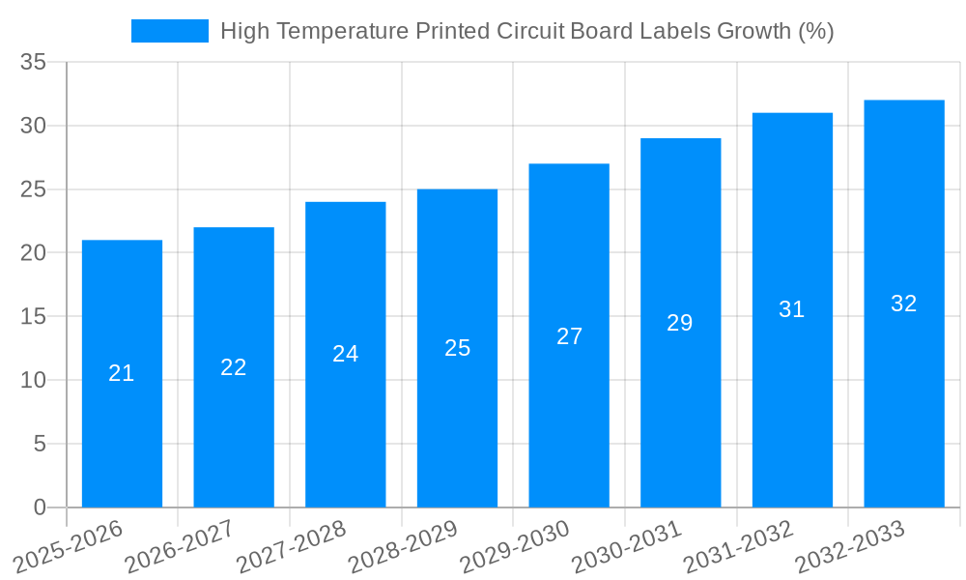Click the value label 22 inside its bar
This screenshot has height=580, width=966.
(x=234, y=367)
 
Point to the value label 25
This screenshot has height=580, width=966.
(x=457, y=348)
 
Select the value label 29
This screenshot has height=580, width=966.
(x=680, y=323)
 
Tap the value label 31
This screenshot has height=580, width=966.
(x=792, y=309)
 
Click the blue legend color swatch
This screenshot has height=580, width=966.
(x=170, y=31)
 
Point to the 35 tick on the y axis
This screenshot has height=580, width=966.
(x=34, y=62)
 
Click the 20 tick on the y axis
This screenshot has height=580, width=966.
(x=34, y=252)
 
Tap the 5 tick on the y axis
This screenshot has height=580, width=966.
(x=40, y=444)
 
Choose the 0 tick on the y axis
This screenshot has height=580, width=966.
(x=40, y=507)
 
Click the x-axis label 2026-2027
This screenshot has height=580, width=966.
(x=180, y=547)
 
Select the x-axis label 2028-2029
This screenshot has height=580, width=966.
(x=403, y=547)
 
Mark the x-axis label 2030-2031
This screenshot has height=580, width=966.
(x=627, y=547)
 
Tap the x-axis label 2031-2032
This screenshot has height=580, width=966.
(x=739, y=547)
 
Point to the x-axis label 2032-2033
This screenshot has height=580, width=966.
(x=850, y=547)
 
